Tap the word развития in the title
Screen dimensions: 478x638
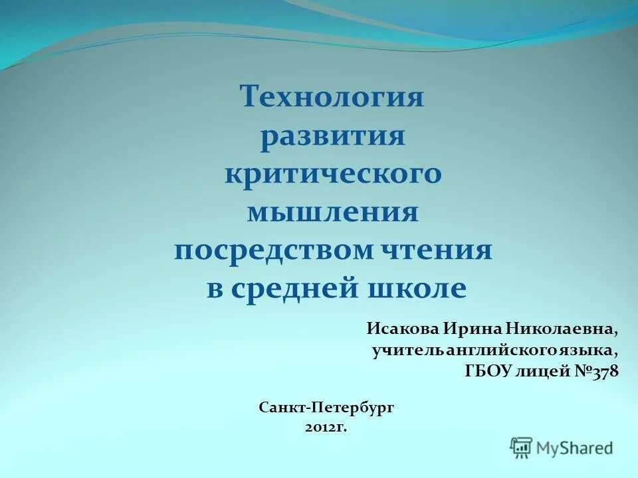(332, 137)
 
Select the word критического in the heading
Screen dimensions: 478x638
(333, 175)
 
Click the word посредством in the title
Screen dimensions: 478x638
(275, 251)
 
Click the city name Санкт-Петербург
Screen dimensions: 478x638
(326, 407)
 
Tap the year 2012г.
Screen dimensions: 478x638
(326, 428)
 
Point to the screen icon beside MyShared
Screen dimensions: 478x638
(522, 447)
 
